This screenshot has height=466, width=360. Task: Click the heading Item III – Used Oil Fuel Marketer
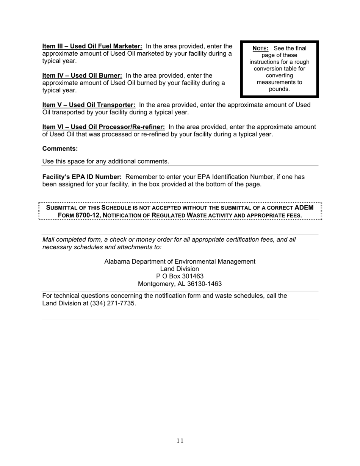click(92, 46)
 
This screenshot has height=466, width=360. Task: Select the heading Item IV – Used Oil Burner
click(82, 76)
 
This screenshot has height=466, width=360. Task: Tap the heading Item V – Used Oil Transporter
click(89, 105)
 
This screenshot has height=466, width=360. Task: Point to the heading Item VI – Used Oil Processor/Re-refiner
click(103, 127)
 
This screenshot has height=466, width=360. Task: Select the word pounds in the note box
click(279, 89)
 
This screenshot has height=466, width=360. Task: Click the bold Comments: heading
click(60, 149)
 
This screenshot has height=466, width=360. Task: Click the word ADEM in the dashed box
click(304, 208)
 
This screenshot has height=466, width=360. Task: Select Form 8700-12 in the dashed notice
click(79, 215)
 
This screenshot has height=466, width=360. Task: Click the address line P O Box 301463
click(180, 276)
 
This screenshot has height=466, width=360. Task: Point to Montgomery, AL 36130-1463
click(180, 284)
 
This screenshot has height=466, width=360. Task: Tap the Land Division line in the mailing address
click(180, 269)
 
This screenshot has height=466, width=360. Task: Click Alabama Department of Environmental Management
click(180, 262)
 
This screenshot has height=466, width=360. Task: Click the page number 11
click(180, 441)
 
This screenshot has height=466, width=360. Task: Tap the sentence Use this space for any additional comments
click(105, 161)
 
